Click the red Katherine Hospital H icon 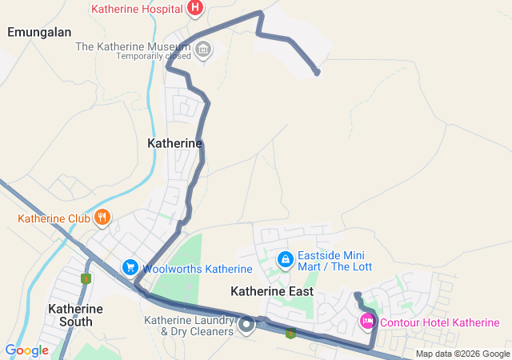coord(194,9)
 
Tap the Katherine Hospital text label coord(138,10)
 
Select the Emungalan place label coord(39,32)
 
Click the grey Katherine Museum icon coord(203,50)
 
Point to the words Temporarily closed coord(154,56)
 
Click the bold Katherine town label coord(175,142)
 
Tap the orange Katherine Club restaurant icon coord(102,217)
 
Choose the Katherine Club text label coord(54,218)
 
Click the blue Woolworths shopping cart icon coord(130,266)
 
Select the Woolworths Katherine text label coord(198,269)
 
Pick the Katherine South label coord(75,314)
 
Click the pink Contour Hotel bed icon coord(367,321)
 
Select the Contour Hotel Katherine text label coord(439,322)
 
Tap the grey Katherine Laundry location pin coord(247,324)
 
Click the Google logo coord(26,350)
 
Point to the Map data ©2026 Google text coord(462,354)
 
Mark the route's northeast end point coord(318,73)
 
